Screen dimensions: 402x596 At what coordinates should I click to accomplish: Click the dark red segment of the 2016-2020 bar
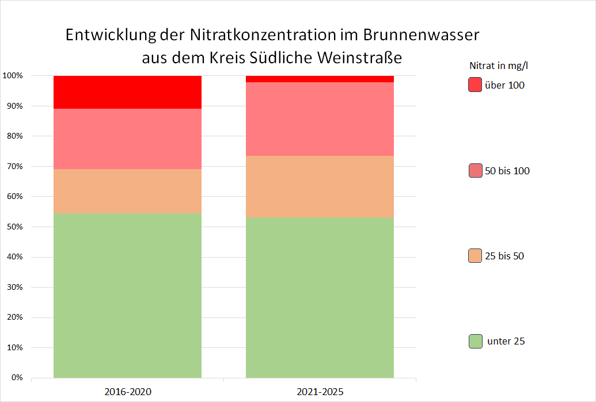pos(127,92)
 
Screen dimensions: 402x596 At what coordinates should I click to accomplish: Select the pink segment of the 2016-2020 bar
pos(127,139)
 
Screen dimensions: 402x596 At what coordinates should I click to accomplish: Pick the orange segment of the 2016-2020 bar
pos(127,191)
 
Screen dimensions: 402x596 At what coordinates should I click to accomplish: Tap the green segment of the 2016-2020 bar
pos(127,296)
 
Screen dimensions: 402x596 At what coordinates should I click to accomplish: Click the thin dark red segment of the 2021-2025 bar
pos(320,79)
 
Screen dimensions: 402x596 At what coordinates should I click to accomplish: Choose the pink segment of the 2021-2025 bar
pos(320,119)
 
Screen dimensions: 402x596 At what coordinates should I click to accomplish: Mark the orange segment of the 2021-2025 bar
pos(320,186)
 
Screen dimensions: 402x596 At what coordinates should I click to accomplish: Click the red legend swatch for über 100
pos(475,85)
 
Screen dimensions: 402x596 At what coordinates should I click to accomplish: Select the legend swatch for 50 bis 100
pos(475,171)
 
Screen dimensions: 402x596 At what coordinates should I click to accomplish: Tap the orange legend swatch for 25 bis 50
pos(475,256)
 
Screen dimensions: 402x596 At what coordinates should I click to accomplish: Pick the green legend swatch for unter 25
pos(475,341)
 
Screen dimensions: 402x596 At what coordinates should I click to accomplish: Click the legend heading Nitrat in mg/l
pos(499,65)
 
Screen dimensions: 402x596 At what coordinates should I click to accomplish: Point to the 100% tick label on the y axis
pos(13,76)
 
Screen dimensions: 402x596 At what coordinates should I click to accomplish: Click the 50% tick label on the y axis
pos(14,227)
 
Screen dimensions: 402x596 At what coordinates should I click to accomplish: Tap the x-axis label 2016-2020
pos(127,392)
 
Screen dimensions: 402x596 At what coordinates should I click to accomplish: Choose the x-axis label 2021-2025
pos(320,392)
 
